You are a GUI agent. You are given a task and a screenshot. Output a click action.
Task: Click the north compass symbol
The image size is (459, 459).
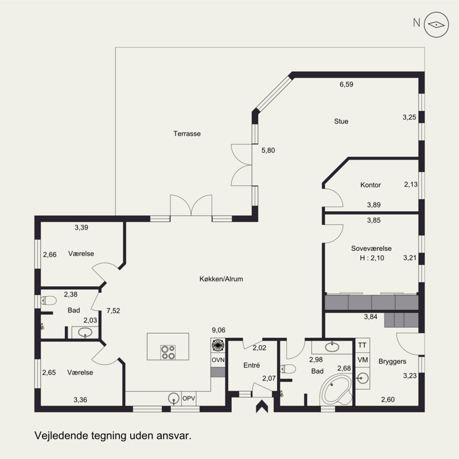tap(436, 25)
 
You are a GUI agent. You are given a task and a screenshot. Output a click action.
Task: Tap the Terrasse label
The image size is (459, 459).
tap(187, 134)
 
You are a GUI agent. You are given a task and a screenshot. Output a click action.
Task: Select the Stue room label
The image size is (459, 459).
tap(341, 121)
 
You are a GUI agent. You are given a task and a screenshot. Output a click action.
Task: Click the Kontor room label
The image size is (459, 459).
tap(371, 185)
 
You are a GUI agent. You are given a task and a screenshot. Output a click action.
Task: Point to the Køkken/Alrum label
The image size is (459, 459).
tap(221, 279)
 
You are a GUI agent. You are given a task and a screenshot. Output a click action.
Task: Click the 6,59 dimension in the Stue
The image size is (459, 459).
tap(347, 84)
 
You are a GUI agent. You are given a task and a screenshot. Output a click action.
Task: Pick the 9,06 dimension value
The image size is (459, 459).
tap(219, 330)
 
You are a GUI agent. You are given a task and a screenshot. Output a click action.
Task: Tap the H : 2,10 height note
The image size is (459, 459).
tap(372, 258)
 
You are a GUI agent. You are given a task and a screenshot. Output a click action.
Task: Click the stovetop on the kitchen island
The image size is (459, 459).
tap(168, 352)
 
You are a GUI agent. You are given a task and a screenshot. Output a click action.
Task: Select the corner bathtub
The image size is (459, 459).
tap(336, 390)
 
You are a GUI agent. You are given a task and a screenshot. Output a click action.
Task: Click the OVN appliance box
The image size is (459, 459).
tap(218, 360)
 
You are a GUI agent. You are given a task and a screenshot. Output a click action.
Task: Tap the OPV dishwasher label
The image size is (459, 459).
tap(189, 398)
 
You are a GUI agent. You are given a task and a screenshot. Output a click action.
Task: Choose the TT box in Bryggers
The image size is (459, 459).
tap(363, 345)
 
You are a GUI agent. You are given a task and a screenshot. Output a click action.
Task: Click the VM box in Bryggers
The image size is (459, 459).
tap(363, 360)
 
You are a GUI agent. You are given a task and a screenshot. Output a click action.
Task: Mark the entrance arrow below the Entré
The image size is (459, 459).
tap(262, 407)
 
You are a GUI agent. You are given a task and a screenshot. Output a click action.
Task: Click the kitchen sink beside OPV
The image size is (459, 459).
tap(174, 398)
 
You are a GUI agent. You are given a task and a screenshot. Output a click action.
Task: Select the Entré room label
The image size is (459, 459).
tap(252, 365)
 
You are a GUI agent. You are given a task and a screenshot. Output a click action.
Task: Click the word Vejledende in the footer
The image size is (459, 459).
tap(61, 435)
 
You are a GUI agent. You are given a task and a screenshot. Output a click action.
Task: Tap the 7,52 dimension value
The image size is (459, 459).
tap(113, 311)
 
